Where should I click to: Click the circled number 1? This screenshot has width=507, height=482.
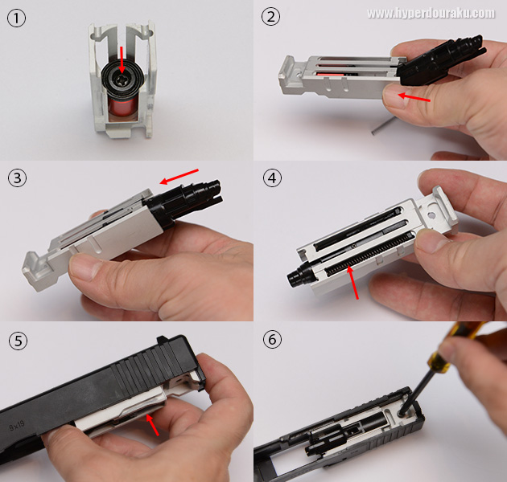[x=16, y=18]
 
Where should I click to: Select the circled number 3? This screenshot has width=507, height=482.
[x=17, y=178]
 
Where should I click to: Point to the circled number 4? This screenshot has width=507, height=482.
[x=272, y=178]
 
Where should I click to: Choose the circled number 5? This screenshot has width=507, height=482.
[x=18, y=341]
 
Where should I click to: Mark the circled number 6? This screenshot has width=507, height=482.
[x=272, y=340]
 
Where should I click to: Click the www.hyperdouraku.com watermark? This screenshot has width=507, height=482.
[x=431, y=14]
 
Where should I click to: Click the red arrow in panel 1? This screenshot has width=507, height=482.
[x=122, y=60]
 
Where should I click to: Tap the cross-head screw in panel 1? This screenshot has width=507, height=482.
[x=122, y=79]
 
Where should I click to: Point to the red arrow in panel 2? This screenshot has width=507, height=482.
[x=414, y=97]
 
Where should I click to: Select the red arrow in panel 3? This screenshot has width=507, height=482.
[x=179, y=177]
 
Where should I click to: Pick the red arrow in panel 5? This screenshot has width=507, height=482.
[x=152, y=425]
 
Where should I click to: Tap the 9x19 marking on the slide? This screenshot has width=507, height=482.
[x=17, y=426]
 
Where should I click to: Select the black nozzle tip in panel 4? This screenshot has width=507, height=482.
[x=295, y=277]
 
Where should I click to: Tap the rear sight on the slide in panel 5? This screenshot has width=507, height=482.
[x=161, y=341]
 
